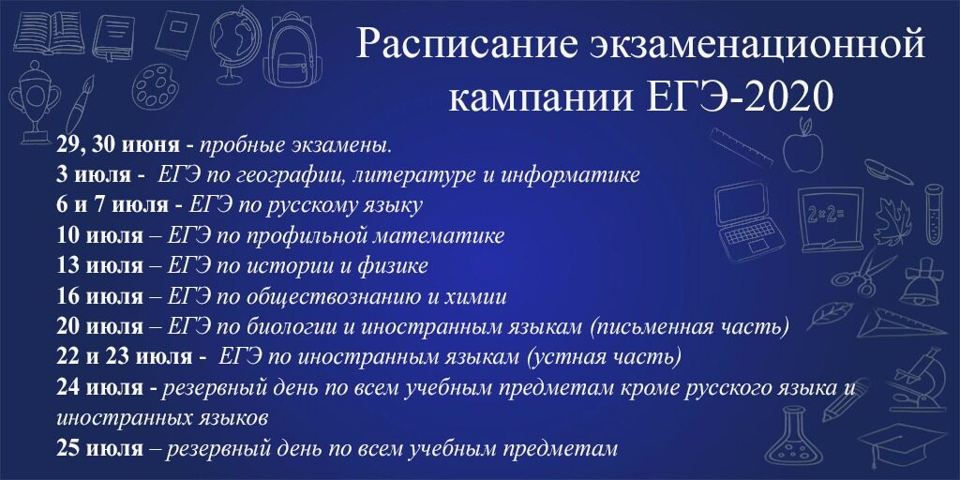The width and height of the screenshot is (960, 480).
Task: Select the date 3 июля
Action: [93, 175]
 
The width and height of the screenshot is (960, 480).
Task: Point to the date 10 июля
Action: [99, 236]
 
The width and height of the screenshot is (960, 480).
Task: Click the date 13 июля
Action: [99, 266]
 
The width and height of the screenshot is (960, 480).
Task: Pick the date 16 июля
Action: [99, 297]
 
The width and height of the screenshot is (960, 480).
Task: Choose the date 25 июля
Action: [99, 449]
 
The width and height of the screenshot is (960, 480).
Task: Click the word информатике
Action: [570, 175]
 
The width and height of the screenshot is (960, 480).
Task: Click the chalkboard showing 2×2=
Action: [830, 219]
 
